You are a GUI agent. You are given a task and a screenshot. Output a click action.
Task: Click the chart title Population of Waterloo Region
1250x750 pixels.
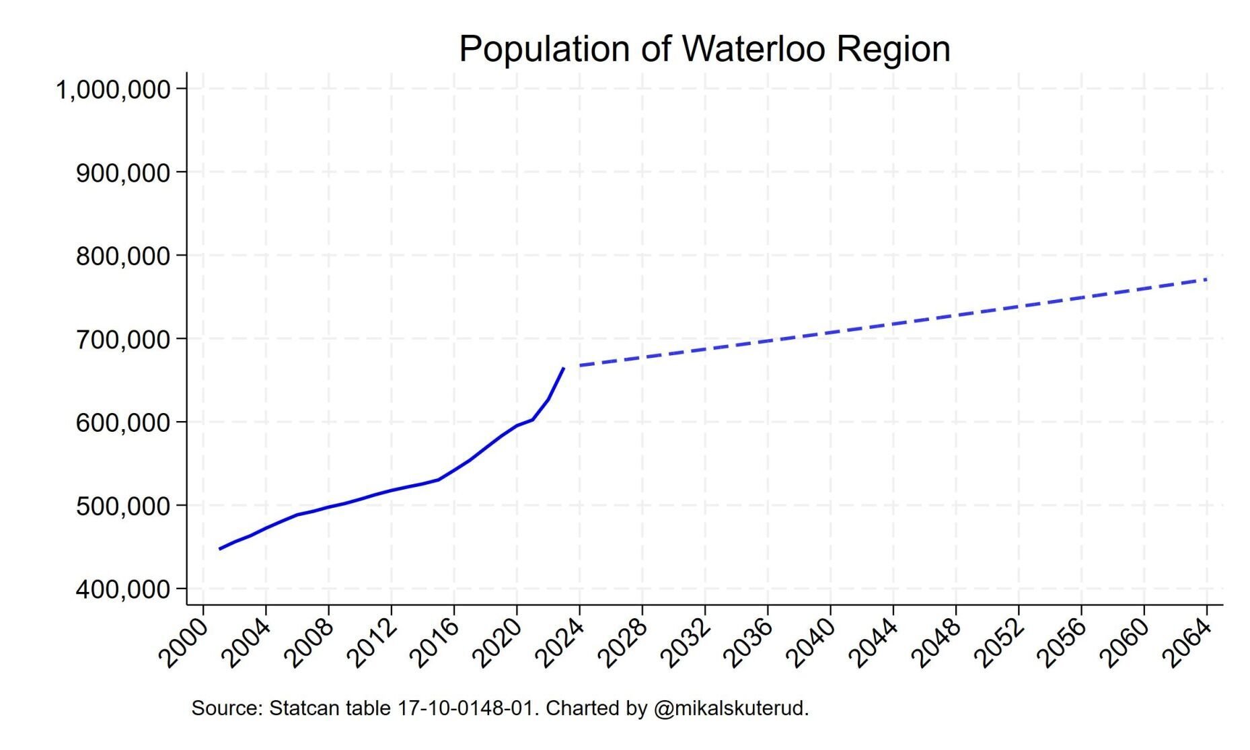pyautogui.click(x=704, y=49)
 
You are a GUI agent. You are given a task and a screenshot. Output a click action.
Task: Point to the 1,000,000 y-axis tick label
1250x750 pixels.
pyautogui.click(x=112, y=89)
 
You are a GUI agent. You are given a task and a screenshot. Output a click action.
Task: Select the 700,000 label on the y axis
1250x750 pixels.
pyautogui.click(x=122, y=339)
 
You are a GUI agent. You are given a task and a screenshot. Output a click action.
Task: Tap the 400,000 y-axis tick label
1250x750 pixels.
pyautogui.click(x=122, y=589)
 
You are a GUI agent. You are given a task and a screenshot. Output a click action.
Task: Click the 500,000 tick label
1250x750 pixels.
pyautogui.click(x=122, y=506)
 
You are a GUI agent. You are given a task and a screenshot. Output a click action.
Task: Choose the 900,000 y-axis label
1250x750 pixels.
pyautogui.click(x=122, y=173)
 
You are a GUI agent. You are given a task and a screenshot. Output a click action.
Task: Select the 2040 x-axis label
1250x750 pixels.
pyautogui.click(x=811, y=644)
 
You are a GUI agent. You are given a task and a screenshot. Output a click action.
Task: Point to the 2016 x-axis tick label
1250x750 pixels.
pyautogui.click(x=435, y=644)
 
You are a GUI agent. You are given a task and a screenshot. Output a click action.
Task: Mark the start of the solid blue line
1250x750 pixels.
pyautogui.click(x=220, y=549)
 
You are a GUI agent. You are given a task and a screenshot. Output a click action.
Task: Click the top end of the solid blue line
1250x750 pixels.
pyautogui.click(x=563, y=369)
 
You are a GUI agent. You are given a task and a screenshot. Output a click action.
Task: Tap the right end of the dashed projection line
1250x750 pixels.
pyautogui.click(x=1206, y=279)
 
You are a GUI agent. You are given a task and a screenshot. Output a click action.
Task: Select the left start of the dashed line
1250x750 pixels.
pyautogui.click(x=580, y=365)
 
